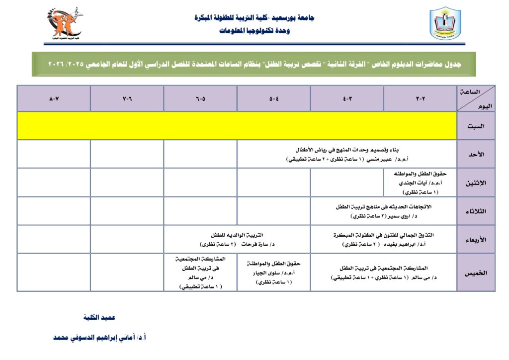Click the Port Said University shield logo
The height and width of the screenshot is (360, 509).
[445, 24]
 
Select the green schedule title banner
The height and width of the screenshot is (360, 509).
[254, 64]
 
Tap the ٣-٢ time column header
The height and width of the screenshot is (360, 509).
[420, 98]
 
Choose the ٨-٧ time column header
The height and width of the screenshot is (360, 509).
[54, 98]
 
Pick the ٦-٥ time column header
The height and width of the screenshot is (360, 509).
[200, 98]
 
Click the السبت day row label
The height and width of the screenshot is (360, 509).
[476, 126]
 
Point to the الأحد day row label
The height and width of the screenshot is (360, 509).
[476, 154]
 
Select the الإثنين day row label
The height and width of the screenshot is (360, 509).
[476, 182]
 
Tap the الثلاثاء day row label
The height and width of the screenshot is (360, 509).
[476, 211]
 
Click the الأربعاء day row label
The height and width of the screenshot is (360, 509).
[476, 239]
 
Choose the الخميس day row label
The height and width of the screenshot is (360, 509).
[476, 272]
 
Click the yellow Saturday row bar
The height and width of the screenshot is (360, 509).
[237, 126]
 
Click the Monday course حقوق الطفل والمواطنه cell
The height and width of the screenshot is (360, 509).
[420, 182]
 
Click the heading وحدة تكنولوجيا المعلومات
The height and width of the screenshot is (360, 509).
[254, 31]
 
